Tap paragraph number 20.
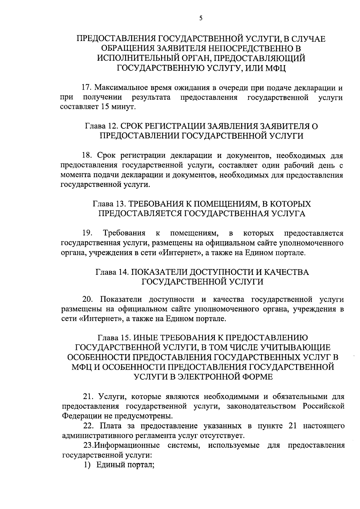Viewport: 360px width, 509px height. tap(88, 299)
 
